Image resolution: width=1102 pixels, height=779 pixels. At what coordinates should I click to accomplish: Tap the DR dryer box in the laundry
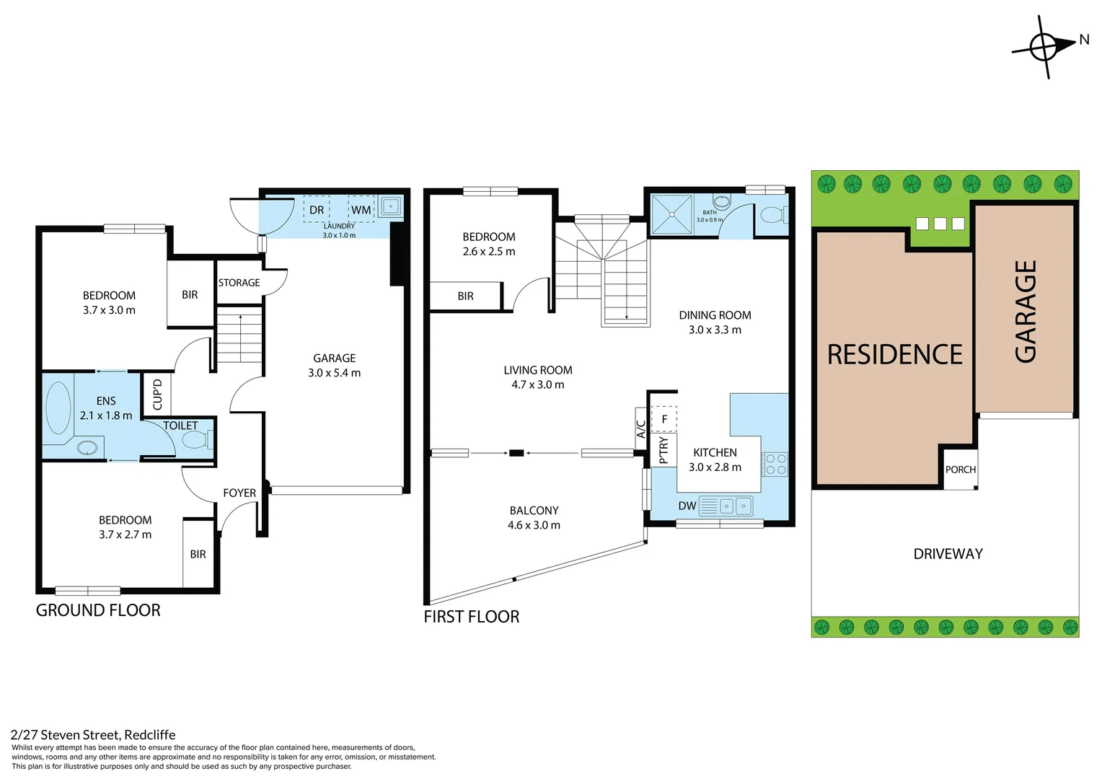click(x=317, y=210)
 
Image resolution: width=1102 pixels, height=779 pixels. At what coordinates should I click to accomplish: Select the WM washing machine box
click(x=361, y=210)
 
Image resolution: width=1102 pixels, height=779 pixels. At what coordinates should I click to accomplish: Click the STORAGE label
click(x=239, y=283)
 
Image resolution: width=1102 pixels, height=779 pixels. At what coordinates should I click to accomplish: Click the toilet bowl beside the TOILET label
click(x=198, y=439)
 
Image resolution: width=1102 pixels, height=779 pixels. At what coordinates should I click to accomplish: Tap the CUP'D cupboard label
click(x=157, y=394)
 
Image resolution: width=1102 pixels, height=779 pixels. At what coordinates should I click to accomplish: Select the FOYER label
click(x=239, y=493)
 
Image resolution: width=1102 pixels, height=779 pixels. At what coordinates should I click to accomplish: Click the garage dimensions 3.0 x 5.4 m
click(x=335, y=373)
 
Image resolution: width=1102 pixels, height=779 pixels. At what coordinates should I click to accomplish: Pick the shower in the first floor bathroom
click(x=671, y=214)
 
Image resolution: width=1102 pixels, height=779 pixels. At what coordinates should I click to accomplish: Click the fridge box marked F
click(x=664, y=419)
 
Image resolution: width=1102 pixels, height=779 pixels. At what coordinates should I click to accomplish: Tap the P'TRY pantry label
click(x=664, y=450)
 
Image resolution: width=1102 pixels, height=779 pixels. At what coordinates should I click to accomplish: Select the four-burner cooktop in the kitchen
click(x=775, y=464)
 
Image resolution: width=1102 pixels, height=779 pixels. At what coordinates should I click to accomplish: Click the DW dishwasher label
click(x=687, y=506)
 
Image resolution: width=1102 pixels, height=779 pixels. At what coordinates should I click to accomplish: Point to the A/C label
click(x=640, y=429)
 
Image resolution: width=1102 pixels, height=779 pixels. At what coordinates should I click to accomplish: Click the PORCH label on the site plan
click(x=961, y=470)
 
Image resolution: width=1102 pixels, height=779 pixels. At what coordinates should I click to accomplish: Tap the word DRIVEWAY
click(x=948, y=554)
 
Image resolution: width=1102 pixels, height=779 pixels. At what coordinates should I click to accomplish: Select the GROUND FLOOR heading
click(x=98, y=610)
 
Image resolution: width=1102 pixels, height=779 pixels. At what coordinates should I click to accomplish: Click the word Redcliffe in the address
click(x=150, y=735)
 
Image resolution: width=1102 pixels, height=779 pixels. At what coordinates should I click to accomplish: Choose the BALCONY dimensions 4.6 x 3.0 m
click(x=534, y=525)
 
